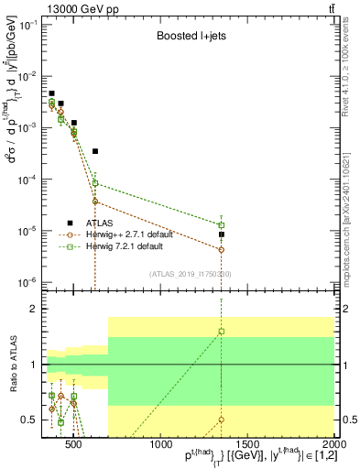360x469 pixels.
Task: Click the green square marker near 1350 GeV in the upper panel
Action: (x=222, y=224)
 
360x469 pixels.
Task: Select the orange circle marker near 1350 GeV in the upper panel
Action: (x=222, y=249)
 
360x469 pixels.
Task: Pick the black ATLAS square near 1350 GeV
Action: (x=222, y=234)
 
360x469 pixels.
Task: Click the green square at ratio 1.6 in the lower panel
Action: (x=222, y=332)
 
